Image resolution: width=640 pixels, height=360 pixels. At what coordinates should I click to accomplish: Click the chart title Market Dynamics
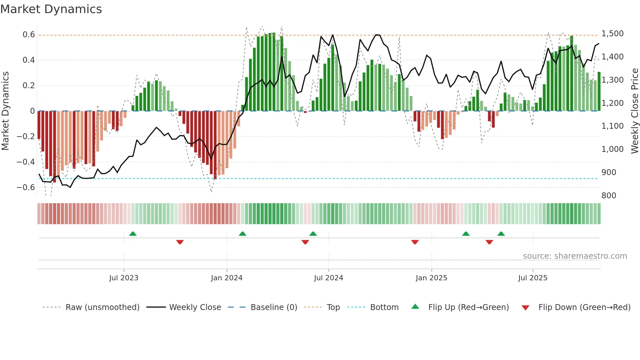[51, 9]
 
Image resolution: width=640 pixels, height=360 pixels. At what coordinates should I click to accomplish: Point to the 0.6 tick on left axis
[29, 35]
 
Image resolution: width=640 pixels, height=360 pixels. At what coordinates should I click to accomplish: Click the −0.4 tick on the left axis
[26, 162]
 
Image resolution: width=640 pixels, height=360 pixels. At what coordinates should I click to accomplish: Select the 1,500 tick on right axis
[613, 34]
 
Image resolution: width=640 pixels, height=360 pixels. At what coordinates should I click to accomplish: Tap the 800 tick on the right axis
[609, 196]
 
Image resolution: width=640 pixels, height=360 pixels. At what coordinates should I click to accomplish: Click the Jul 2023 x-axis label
[124, 278]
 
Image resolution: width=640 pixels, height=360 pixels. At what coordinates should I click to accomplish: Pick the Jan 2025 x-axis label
[431, 278]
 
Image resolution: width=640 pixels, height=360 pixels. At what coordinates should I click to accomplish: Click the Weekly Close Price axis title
[634, 111]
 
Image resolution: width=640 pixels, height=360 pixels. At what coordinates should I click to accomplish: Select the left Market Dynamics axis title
[5, 111]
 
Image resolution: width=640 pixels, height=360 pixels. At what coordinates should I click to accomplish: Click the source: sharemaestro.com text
[575, 256]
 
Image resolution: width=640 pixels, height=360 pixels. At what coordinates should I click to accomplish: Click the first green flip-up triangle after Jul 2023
[133, 234]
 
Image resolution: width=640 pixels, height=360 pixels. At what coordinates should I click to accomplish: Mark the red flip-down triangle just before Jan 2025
[415, 242]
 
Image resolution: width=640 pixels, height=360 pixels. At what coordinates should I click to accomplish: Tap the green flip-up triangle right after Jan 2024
[242, 234]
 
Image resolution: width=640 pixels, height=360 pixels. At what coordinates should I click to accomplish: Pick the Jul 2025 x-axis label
[533, 278]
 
